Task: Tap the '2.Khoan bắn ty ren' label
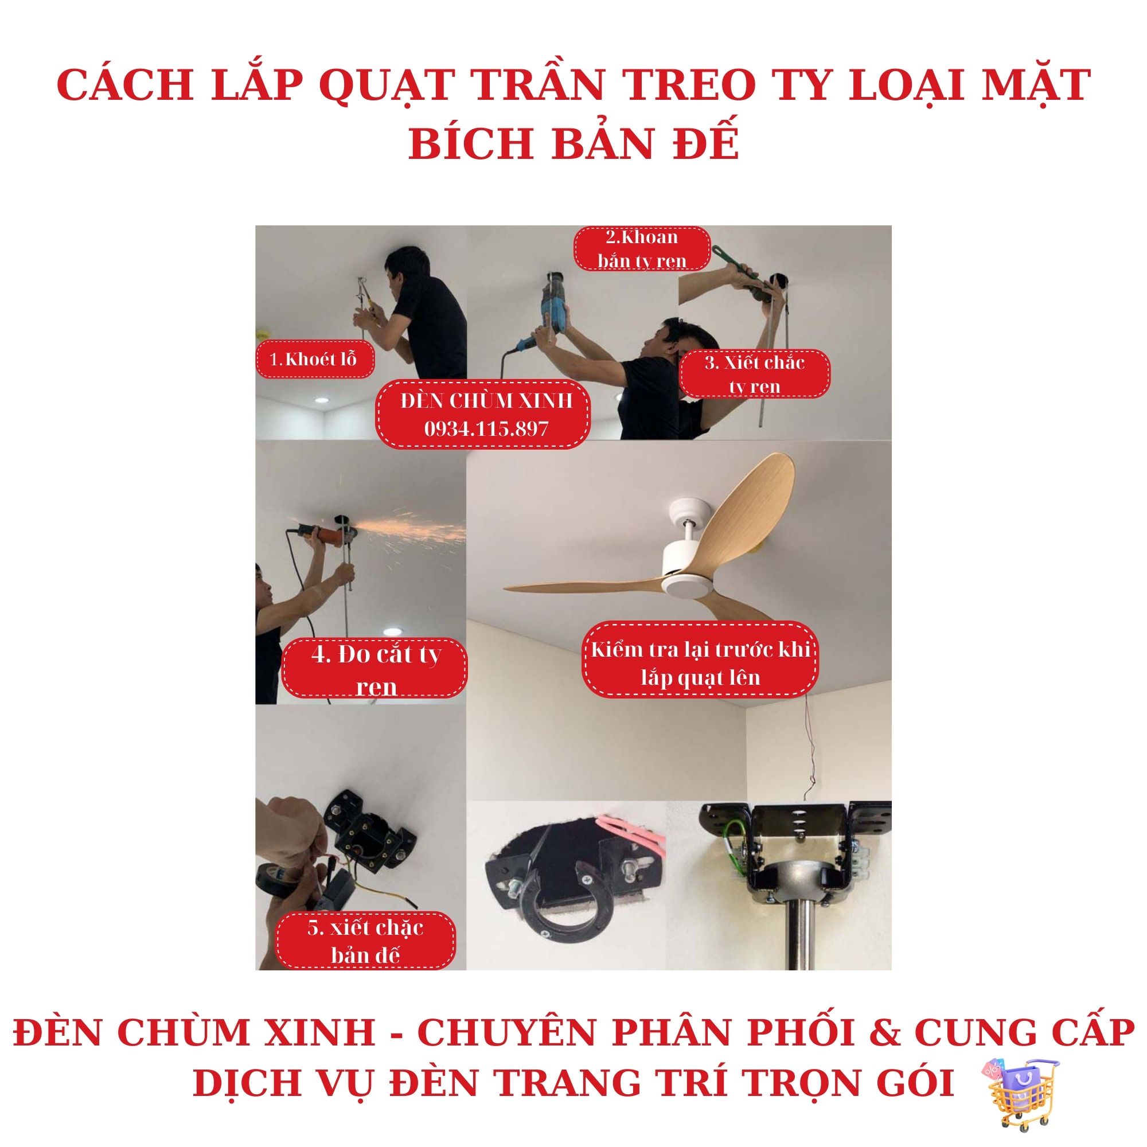coord(642,249)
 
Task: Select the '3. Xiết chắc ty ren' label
coord(755,374)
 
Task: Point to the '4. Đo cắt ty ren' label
coord(375,669)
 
